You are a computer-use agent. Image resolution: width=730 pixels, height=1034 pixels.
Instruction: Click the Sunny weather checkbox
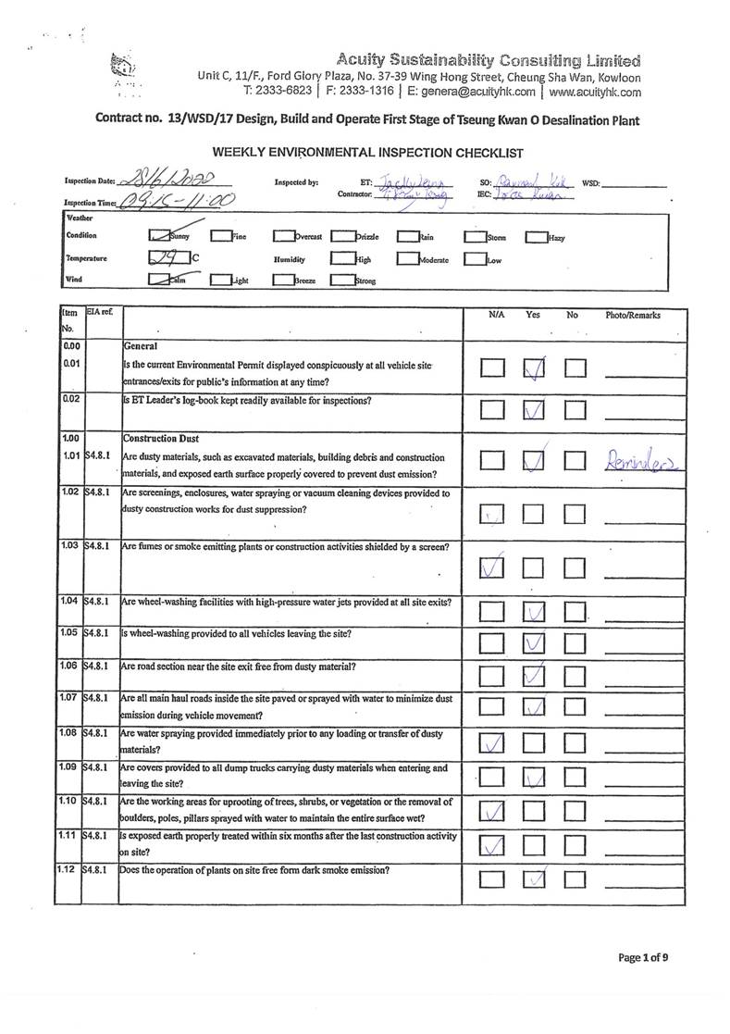pos(160,237)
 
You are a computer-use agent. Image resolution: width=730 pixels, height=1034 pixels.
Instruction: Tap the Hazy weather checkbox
pos(537,237)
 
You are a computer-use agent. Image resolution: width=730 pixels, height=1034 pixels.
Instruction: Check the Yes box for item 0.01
pos(534,368)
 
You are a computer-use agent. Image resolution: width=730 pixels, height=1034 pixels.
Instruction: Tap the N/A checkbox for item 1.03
pos(492,567)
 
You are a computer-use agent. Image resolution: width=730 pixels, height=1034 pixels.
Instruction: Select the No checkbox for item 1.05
pos(575,642)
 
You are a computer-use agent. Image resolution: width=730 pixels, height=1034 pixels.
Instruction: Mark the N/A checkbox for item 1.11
pos(492,844)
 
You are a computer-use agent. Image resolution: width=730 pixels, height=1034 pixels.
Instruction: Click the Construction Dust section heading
pos(161,437)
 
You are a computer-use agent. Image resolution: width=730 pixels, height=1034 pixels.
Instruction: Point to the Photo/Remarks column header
pos(633,316)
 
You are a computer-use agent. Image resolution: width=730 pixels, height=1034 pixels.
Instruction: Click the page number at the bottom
pos(642,957)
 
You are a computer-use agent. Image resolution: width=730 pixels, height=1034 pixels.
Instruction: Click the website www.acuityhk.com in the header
pos(595,92)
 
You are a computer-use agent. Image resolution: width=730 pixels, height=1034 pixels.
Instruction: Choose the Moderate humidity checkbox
pos(408,259)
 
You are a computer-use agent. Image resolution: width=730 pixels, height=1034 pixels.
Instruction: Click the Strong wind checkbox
pos(341,280)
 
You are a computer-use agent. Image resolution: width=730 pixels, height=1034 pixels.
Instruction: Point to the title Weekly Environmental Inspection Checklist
pos(368,152)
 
